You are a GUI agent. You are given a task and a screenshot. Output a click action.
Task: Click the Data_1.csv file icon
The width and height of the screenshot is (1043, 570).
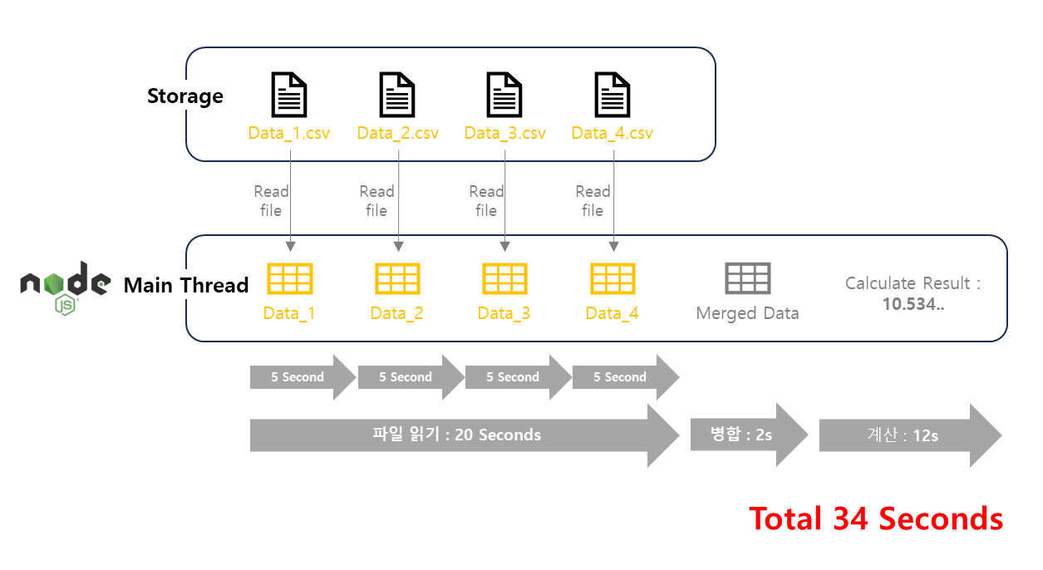click(x=289, y=95)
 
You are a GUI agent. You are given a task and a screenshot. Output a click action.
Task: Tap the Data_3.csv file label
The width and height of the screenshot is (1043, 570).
click(x=504, y=133)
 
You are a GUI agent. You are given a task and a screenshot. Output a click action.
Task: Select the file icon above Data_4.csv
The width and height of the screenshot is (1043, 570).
click(x=613, y=95)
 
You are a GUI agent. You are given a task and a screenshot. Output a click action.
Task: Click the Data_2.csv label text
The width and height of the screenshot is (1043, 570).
click(x=397, y=133)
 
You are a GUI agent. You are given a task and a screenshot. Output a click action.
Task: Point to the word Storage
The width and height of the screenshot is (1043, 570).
click(x=184, y=96)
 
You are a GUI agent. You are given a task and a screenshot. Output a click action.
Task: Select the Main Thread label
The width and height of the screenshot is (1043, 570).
click(x=186, y=286)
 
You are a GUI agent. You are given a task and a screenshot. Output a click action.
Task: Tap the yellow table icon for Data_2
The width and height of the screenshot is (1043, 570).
click(x=397, y=278)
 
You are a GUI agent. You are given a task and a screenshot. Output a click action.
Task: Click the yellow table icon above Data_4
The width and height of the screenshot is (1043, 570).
click(x=613, y=278)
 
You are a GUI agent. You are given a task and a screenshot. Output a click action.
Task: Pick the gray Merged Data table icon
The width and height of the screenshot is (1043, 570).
click(x=747, y=278)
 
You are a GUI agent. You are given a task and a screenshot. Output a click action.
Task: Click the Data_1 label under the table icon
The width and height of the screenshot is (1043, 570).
click(x=289, y=313)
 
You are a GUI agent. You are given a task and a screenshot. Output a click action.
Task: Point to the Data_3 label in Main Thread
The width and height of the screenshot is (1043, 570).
click(x=504, y=313)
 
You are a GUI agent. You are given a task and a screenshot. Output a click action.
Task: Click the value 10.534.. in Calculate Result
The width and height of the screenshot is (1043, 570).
click(x=913, y=303)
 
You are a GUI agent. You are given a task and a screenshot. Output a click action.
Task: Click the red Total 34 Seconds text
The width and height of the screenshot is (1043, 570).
click(x=876, y=518)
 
